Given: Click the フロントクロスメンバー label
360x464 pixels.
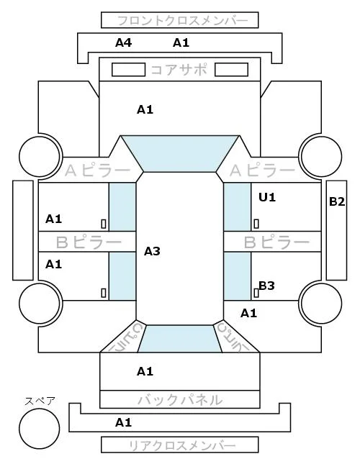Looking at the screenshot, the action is [x=182, y=21].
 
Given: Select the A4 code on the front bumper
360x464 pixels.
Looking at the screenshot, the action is [x=123, y=43].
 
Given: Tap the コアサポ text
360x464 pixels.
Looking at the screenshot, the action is [x=179, y=70].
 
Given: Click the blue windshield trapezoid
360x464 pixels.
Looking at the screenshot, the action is [x=180, y=153].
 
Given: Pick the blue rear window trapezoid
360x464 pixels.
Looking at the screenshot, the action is [x=180, y=339].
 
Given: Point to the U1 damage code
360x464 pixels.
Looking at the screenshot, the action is [x=267, y=197].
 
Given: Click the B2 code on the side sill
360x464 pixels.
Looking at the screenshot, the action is [x=337, y=201].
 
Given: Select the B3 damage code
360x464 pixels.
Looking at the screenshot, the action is [x=266, y=286].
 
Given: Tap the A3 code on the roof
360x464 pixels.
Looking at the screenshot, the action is [x=152, y=252].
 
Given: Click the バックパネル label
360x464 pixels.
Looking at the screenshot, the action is [x=180, y=400].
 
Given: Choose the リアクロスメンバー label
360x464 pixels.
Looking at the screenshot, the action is [x=182, y=445].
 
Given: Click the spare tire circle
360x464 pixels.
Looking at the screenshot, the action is [x=40, y=428].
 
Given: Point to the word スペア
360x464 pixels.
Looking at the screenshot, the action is [x=40, y=401].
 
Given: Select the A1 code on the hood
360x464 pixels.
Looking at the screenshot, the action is [x=145, y=110].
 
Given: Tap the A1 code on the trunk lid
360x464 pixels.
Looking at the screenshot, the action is [x=145, y=371].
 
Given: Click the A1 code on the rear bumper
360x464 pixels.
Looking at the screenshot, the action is [x=123, y=422].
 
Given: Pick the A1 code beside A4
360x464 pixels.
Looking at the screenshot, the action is [x=181, y=43].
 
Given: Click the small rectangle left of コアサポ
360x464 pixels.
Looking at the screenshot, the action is [x=128, y=70].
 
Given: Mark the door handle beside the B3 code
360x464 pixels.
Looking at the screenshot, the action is [x=256, y=293].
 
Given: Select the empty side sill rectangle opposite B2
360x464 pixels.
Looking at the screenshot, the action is [x=23, y=230].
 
